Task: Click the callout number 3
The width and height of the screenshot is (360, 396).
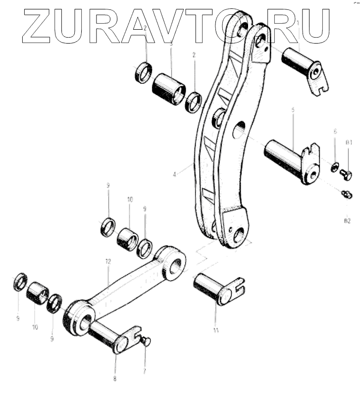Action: tap(171, 45)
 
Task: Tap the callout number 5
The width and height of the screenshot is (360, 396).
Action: tap(293, 110)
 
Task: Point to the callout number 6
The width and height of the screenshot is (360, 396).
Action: tap(335, 132)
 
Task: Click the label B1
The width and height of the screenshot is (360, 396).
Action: tap(349, 143)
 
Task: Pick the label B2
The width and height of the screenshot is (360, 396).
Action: tap(348, 220)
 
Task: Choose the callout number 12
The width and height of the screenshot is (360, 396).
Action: tap(108, 261)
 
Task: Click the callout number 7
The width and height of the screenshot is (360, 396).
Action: tap(145, 371)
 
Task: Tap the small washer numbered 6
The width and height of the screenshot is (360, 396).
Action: tap(335, 167)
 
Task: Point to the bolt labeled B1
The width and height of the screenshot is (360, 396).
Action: tap(348, 174)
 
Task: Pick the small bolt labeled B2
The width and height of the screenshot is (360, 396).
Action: tap(347, 195)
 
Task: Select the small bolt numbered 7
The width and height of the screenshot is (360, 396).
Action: tap(145, 341)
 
